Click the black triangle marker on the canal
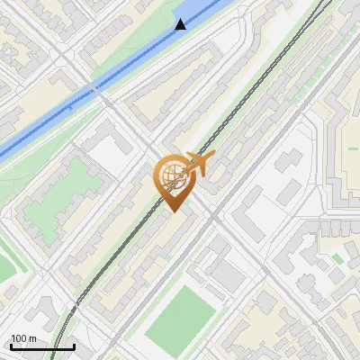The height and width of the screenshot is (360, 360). (181, 24)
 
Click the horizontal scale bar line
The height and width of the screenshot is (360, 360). (42, 346)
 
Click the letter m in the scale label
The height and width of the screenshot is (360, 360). (33, 338)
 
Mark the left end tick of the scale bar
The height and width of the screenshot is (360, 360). (11, 345)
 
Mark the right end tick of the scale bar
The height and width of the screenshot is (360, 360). (74, 345)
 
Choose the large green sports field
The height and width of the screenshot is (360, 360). (184, 310)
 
